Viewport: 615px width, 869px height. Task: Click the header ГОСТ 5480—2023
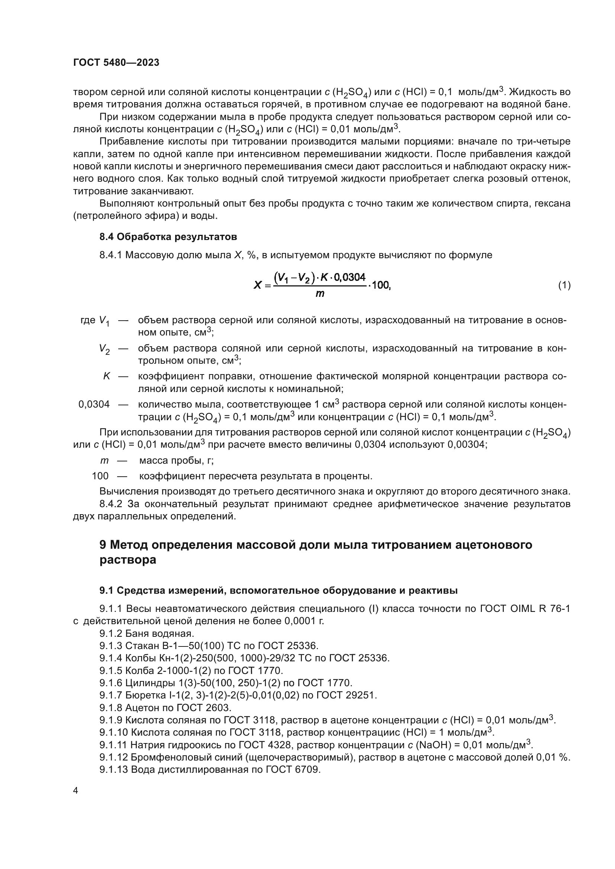pyautogui.click(x=116, y=63)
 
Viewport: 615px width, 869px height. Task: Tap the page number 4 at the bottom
pyautogui.click(x=75, y=791)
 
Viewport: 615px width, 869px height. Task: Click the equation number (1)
pyautogui.click(x=564, y=285)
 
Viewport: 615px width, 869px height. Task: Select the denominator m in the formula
pyautogui.click(x=320, y=294)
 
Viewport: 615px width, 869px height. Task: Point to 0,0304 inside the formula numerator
pyautogui.click(x=350, y=278)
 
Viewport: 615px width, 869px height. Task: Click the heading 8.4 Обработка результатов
pyautogui.click(x=168, y=237)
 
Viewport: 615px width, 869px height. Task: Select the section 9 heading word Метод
pyautogui.click(x=130, y=545)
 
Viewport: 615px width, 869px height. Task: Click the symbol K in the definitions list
pyautogui.click(x=106, y=376)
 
